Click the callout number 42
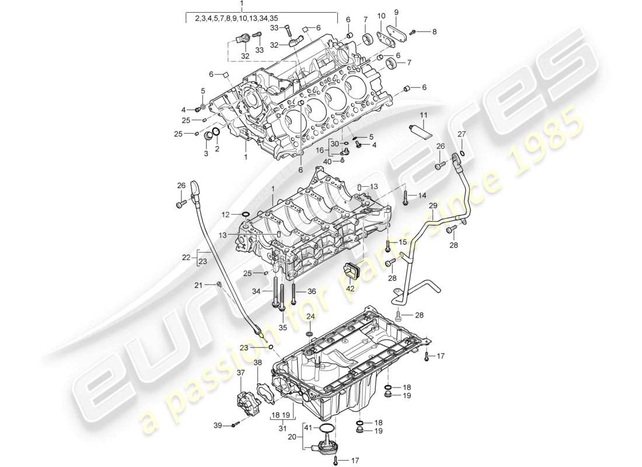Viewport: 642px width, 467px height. [350, 288]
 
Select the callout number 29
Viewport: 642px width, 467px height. [432, 206]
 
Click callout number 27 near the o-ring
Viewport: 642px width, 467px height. [462, 135]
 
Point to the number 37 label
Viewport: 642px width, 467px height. [240, 372]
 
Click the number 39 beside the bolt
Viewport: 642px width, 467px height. [218, 426]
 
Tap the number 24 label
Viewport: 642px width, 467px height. [310, 316]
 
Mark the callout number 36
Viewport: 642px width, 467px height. [312, 292]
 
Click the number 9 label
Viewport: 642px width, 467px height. [396, 11]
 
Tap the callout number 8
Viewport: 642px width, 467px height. [434, 32]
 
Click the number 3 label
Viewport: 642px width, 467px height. [205, 154]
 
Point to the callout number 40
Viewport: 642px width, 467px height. [327, 161]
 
